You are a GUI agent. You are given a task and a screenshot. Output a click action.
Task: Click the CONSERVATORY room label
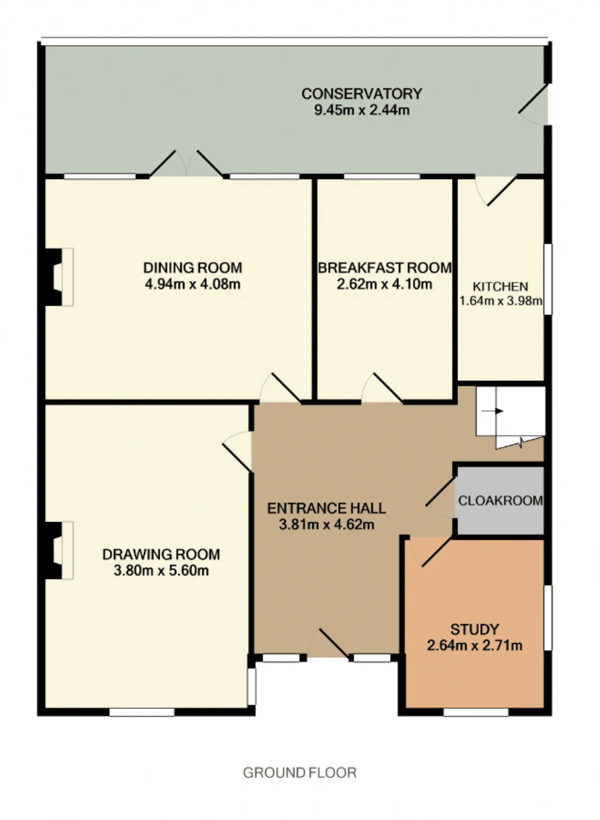361,94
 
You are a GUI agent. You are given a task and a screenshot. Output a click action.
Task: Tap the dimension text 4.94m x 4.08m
193,284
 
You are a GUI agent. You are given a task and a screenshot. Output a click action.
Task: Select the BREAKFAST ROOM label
385,268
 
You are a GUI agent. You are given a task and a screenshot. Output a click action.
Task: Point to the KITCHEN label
500,286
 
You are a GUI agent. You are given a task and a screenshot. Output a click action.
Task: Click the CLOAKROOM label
501,501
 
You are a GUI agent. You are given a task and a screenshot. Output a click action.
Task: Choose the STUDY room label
474,629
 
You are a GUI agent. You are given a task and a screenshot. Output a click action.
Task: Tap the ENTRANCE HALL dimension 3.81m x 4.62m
327,524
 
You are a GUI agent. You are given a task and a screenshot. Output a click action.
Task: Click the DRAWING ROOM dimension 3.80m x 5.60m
161,570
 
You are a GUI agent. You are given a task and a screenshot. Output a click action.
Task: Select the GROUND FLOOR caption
300,773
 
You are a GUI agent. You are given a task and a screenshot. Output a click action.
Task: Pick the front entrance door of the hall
328,643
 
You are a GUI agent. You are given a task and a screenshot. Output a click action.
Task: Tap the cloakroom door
440,497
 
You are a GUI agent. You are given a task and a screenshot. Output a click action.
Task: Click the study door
429,551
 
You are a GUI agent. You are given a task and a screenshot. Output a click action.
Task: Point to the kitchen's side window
548,279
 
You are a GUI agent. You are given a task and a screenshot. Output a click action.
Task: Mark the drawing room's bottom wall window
142,712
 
